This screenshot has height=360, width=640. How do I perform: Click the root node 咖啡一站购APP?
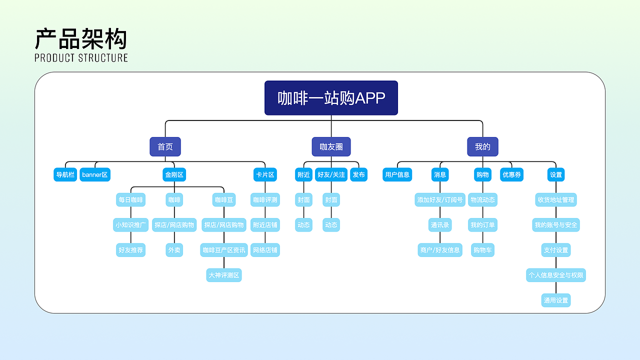coord(331,98)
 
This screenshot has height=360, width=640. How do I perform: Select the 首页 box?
coord(165,147)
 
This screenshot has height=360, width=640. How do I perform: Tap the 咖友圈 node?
coord(331,147)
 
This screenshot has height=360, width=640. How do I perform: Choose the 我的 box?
coord(482,147)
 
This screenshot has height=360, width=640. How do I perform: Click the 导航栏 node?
coord(65,174)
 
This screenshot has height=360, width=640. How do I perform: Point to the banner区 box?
coord(95,174)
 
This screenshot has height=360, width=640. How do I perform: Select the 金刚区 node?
coord(174,174)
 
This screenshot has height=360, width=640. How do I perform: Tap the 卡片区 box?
coord(265,174)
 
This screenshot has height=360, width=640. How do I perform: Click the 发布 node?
coord(358,174)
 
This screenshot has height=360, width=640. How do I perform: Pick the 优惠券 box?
coord(511,174)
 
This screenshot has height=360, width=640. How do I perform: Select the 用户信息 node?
coord(397,174)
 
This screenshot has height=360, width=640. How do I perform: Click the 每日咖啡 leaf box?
coord(130,200)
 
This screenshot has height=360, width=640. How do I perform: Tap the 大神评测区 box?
coord(224,275)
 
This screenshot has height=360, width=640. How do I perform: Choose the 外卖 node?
coord(174,250)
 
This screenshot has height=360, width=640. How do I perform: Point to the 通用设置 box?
coord(556,300)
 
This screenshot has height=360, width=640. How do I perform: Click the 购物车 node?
coord(482,250)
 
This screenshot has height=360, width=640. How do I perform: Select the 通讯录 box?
coord(440,225)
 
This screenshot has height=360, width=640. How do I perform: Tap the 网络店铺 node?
coord(265,250)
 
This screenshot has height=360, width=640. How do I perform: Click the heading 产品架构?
coord(81,39)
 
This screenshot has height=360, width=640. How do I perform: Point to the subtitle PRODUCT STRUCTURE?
coord(81,58)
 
